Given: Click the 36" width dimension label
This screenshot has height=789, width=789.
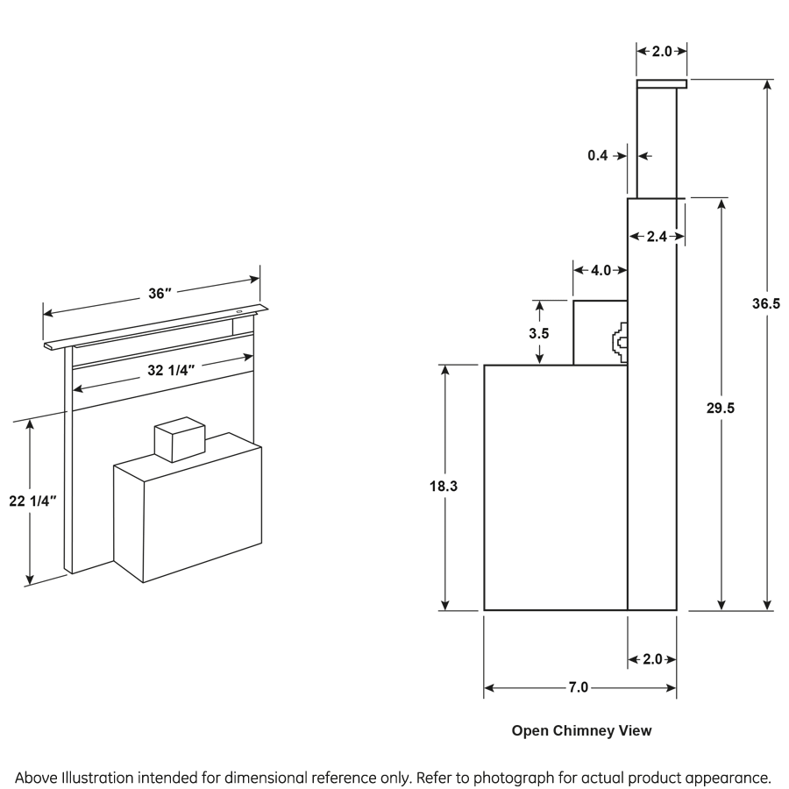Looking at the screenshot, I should point(159,294).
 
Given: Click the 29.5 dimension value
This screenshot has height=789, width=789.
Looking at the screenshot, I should point(721,407).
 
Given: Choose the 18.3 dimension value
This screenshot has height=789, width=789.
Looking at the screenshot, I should point(444,485).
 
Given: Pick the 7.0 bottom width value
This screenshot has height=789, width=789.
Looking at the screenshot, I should point(578,687).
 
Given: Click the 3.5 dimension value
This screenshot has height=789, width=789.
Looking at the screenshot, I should point(539,333).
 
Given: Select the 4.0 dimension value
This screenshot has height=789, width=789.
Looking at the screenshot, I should point(601,270).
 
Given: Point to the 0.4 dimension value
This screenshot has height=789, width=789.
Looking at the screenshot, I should point(598,155).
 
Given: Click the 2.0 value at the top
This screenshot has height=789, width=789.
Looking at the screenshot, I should point(661,52).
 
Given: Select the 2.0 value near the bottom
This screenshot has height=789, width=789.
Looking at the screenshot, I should point(653,659).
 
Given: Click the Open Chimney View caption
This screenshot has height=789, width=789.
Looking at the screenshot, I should point(581,730).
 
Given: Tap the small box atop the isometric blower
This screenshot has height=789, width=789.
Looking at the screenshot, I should point(178,437).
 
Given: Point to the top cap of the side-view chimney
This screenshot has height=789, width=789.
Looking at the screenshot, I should point(661,84).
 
